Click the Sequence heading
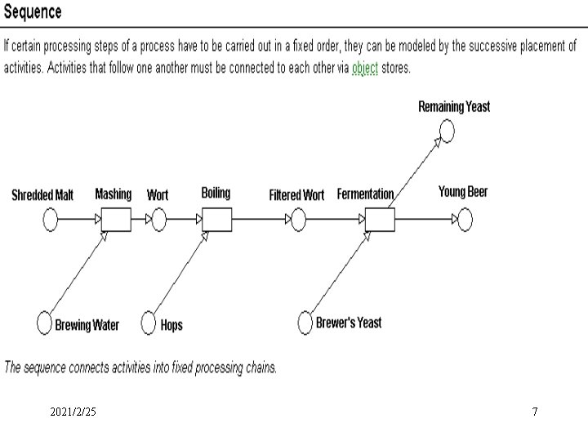tap(33, 12)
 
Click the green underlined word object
tap(365, 68)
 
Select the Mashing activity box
tap(116, 220)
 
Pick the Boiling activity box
tap(216, 220)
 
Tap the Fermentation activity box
tap(379, 220)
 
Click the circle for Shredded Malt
tap(51, 220)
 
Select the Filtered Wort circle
tap(298, 220)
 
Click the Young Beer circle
tap(464, 220)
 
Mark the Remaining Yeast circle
tap(446, 131)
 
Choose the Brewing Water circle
tap(45, 323)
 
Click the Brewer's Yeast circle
tap(305, 323)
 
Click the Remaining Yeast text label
tap(454, 107)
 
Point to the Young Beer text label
tap(462, 192)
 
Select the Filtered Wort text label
tap(296, 195)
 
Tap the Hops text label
tap(171, 325)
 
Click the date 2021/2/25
tap(73, 412)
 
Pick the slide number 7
tap(535, 412)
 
